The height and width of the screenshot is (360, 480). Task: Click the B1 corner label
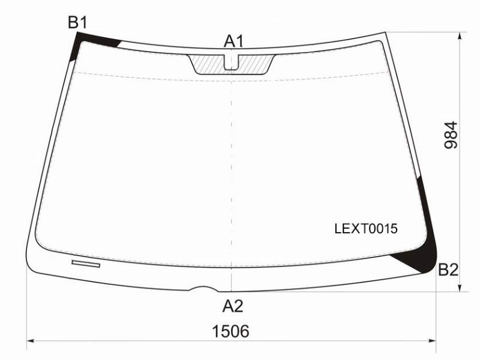78,22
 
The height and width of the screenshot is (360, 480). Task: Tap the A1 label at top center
233,41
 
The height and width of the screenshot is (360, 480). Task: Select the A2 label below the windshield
233,306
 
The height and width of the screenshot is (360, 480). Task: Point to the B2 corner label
448,269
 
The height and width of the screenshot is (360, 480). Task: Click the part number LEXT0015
366,229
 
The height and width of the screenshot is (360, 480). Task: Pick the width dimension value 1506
231,331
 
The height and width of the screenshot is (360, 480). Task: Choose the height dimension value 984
451,135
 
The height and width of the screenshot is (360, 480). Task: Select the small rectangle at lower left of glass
86,263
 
